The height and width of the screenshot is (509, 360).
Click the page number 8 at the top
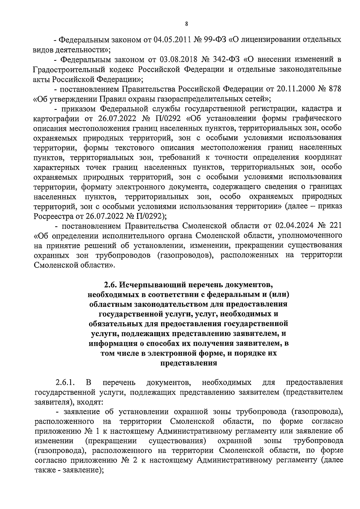186,24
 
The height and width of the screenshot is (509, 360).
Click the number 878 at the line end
335,89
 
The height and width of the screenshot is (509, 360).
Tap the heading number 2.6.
110,284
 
